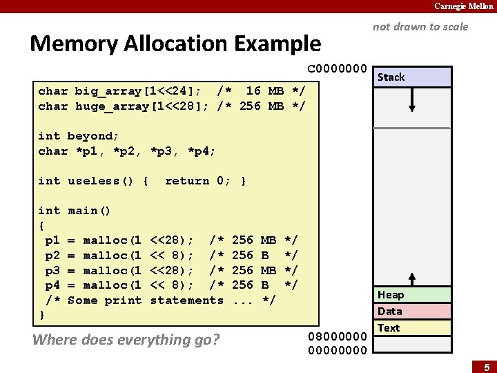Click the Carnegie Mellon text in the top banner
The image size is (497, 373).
click(463, 6)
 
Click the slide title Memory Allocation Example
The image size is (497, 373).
click(175, 44)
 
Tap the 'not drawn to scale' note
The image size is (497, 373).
click(420, 27)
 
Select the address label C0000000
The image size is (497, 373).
click(337, 69)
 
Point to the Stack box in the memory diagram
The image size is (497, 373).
click(413, 77)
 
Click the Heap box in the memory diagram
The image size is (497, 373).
click(413, 295)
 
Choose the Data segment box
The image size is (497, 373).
click(413, 312)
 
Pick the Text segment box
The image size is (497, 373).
click(413, 328)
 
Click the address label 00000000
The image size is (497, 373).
click(337, 350)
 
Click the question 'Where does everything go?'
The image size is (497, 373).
click(126, 339)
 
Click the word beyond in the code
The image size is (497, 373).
click(90, 136)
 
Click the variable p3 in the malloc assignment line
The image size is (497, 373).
click(52, 270)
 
